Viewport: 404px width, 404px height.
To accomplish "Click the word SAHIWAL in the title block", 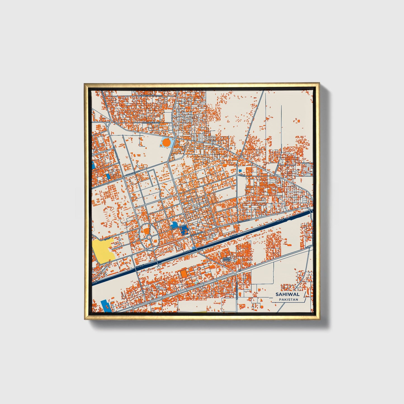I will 287,294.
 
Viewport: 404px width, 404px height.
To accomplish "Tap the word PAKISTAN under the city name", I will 288,299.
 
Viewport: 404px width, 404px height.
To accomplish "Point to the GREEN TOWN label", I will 226,259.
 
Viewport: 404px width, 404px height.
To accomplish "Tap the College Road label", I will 132,174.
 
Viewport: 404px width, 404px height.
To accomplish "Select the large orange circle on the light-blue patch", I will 166,143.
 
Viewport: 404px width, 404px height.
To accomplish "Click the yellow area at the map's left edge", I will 102,251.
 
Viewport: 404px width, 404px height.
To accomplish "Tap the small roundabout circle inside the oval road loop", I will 149,237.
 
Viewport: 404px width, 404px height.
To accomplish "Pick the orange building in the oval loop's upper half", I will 146,231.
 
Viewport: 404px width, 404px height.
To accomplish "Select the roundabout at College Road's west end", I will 123,177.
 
